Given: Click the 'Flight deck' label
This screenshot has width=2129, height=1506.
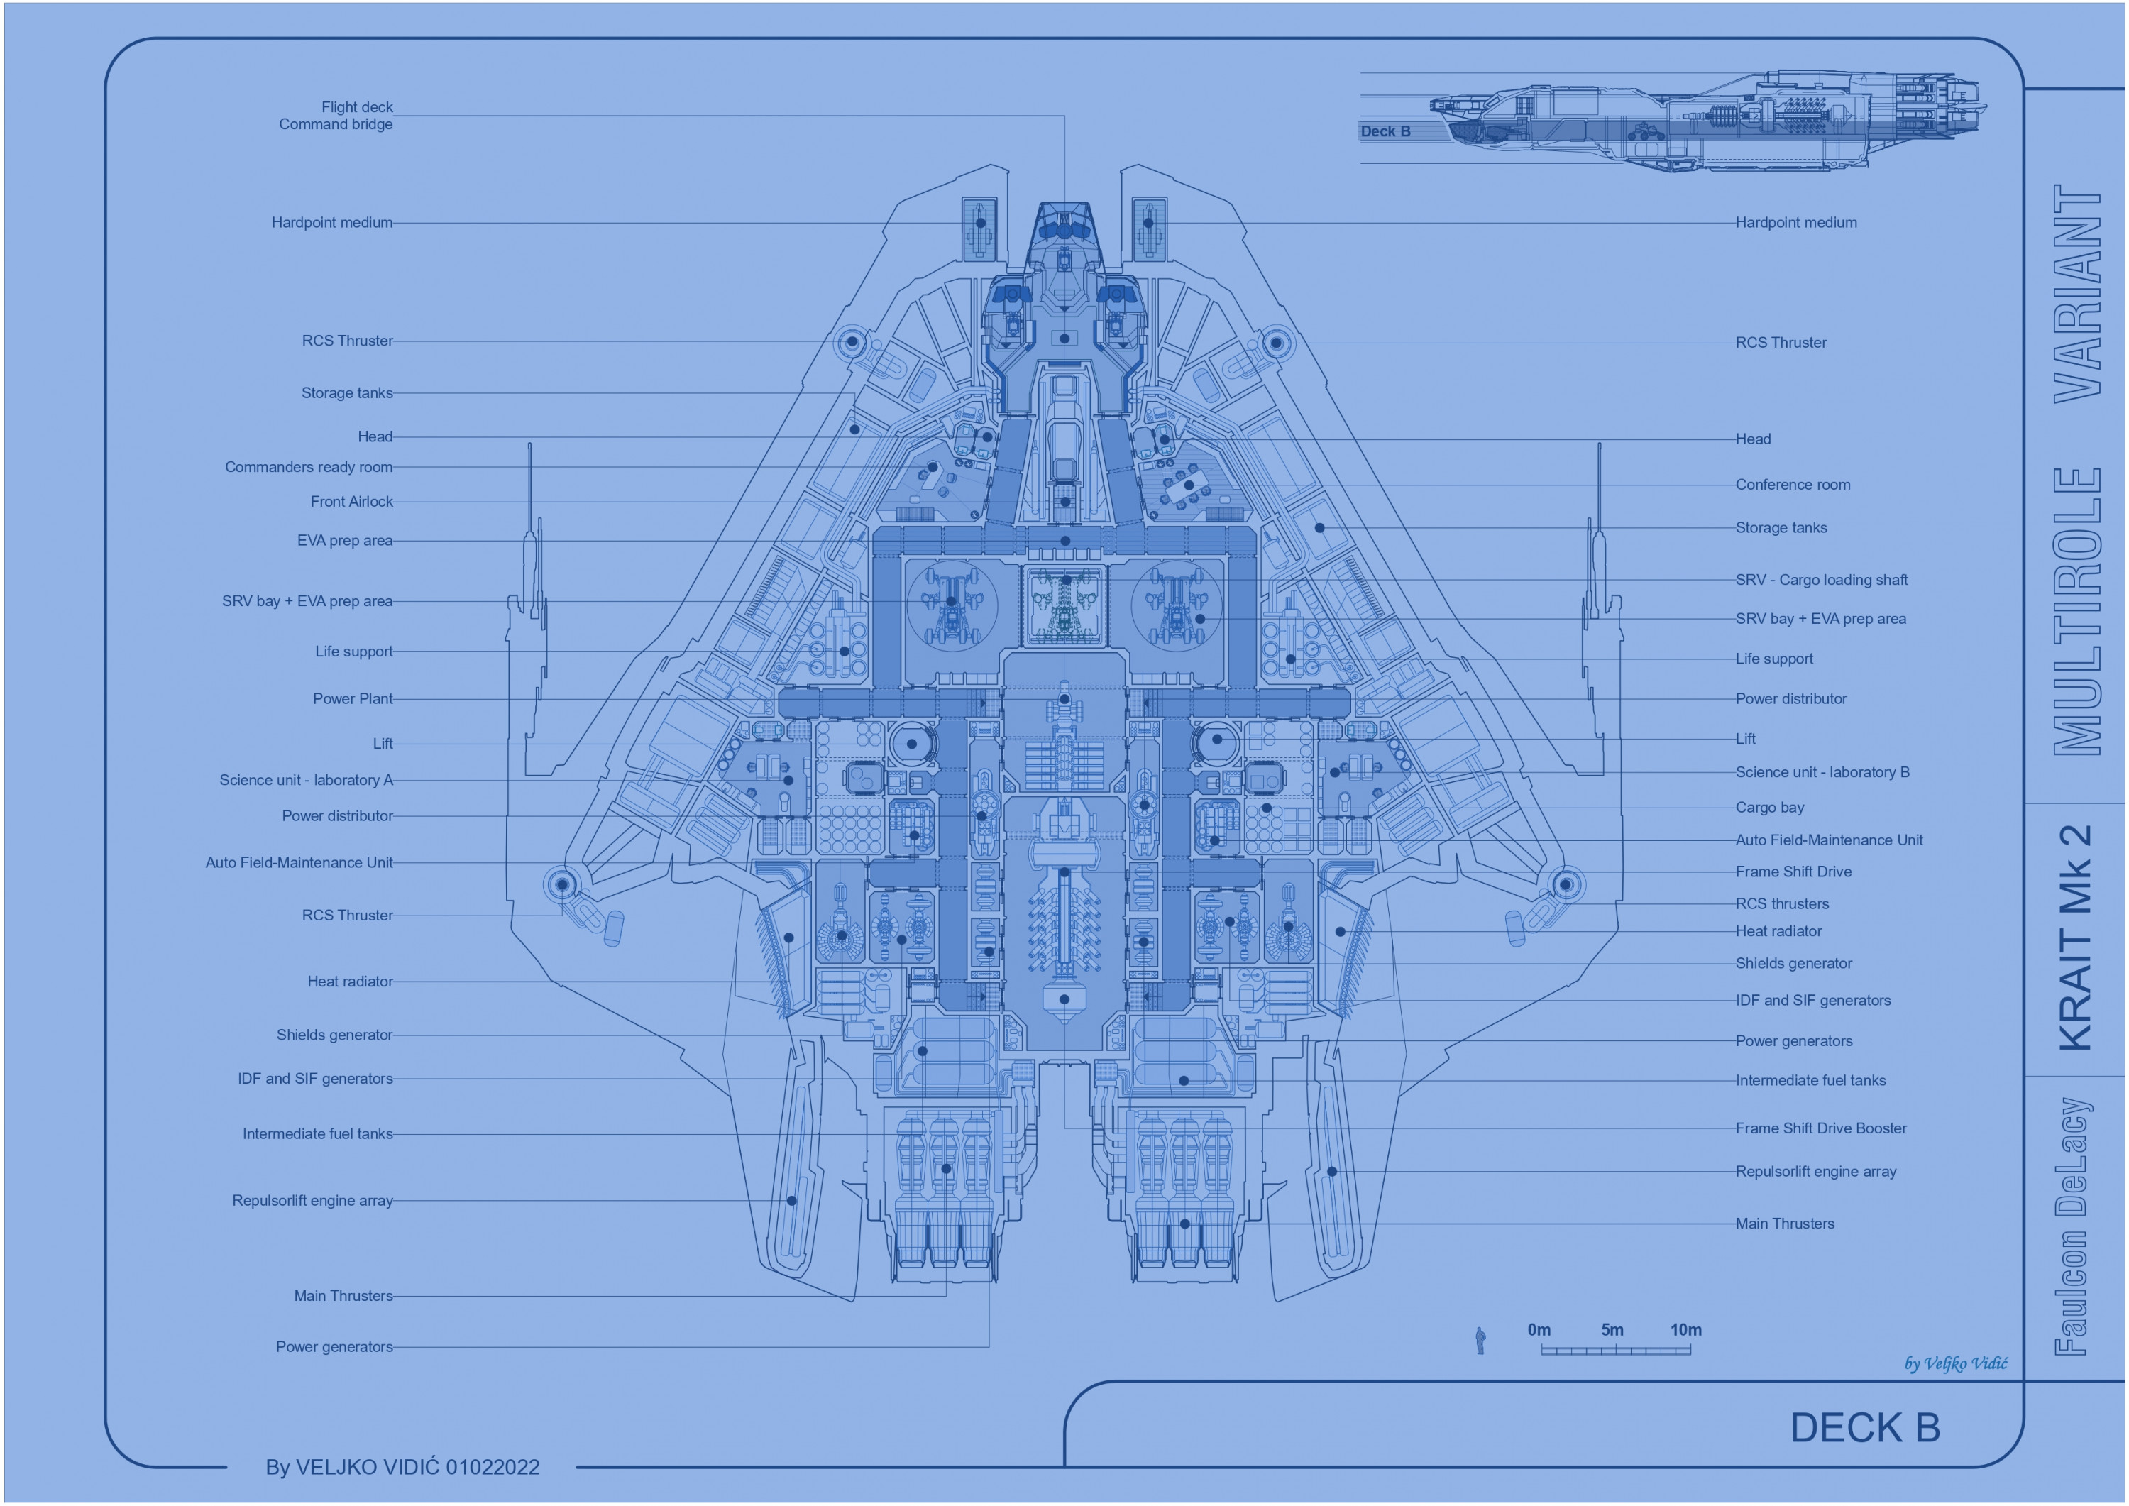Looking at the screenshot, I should click(357, 108).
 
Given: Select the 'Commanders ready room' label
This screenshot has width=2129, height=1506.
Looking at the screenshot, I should click(308, 468).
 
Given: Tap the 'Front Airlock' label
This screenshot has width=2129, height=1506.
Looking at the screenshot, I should click(351, 502).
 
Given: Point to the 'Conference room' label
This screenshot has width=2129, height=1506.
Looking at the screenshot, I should click(1793, 485).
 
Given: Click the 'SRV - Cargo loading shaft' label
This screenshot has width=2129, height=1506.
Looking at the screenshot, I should click(1821, 581).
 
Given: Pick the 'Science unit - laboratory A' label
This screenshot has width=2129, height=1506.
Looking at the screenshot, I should click(306, 781).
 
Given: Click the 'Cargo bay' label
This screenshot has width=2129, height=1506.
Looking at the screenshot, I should click(1769, 808).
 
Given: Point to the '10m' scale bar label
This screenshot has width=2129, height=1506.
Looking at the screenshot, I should click(1685, 1331).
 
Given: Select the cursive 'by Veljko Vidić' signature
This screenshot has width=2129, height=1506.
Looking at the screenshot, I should click(1956, 1364).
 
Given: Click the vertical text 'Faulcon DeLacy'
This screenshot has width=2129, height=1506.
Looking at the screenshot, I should click(2074, 1226).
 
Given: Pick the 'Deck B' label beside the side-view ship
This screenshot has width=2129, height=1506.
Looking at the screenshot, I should click(1385, 132).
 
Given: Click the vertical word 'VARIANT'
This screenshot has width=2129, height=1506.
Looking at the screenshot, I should click(2077, 293).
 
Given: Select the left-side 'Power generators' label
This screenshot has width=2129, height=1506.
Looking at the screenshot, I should click(334, 1348).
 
